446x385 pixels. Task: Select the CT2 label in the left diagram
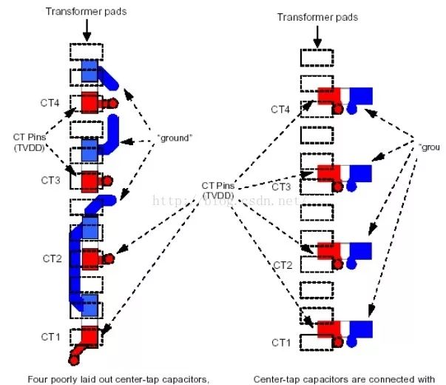(x=52, y=258)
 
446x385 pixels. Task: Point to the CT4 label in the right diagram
(x=280, y=110)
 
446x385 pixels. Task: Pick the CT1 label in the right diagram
(x=280, y=342)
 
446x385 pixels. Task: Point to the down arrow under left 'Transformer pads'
(x=87, y=30)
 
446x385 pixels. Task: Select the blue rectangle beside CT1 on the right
(x=361, y=329)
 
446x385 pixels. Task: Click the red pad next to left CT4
(x=90, y=101)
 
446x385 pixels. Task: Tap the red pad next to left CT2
(x=90, y=258)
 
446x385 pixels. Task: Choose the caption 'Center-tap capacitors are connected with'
(x=344, y=379)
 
